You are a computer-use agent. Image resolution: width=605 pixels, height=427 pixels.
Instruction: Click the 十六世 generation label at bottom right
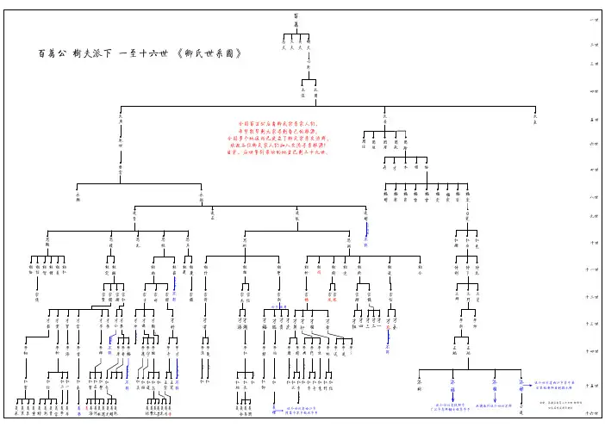(593, 414)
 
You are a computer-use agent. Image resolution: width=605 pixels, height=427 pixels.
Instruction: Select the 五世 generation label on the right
(593, 119)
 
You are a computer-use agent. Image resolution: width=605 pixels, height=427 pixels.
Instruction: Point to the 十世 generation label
(593, 244)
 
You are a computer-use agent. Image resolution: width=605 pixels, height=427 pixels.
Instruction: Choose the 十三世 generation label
(593, 324)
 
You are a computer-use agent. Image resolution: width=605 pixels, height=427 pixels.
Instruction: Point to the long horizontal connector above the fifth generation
(327, 106)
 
